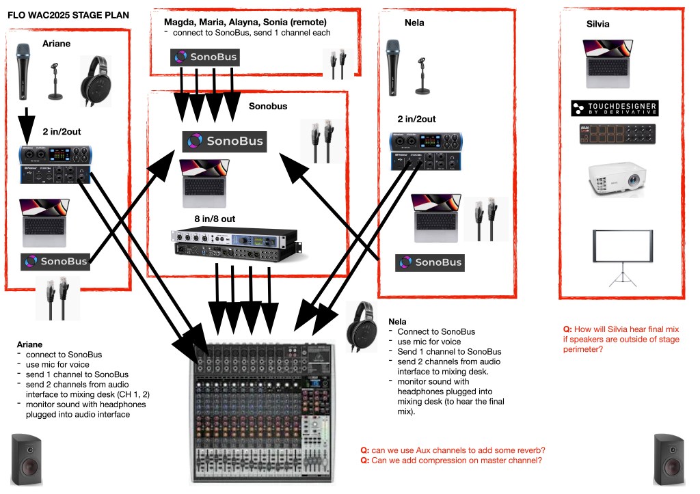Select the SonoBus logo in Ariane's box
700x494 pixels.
(x=55, y=261)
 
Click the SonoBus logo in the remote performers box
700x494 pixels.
(x=205, y=57)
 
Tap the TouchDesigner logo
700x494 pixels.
(x=613, y=109)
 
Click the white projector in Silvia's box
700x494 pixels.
(x=613, y=179)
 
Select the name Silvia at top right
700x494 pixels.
(x=597, y=24)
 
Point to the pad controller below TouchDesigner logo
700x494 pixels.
(x=612, y=135)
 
